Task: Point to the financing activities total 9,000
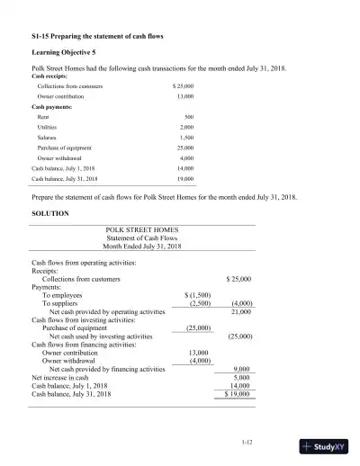pyautogui.click(x=241, y=369)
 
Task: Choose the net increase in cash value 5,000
pyautogui.click(x=241, y=377)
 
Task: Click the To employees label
pyautogui.click(x=65, y=295)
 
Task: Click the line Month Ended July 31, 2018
pyautogui.click(x=142, y=246)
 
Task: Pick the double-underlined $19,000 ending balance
pyautogui.click(x=238, y=394)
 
